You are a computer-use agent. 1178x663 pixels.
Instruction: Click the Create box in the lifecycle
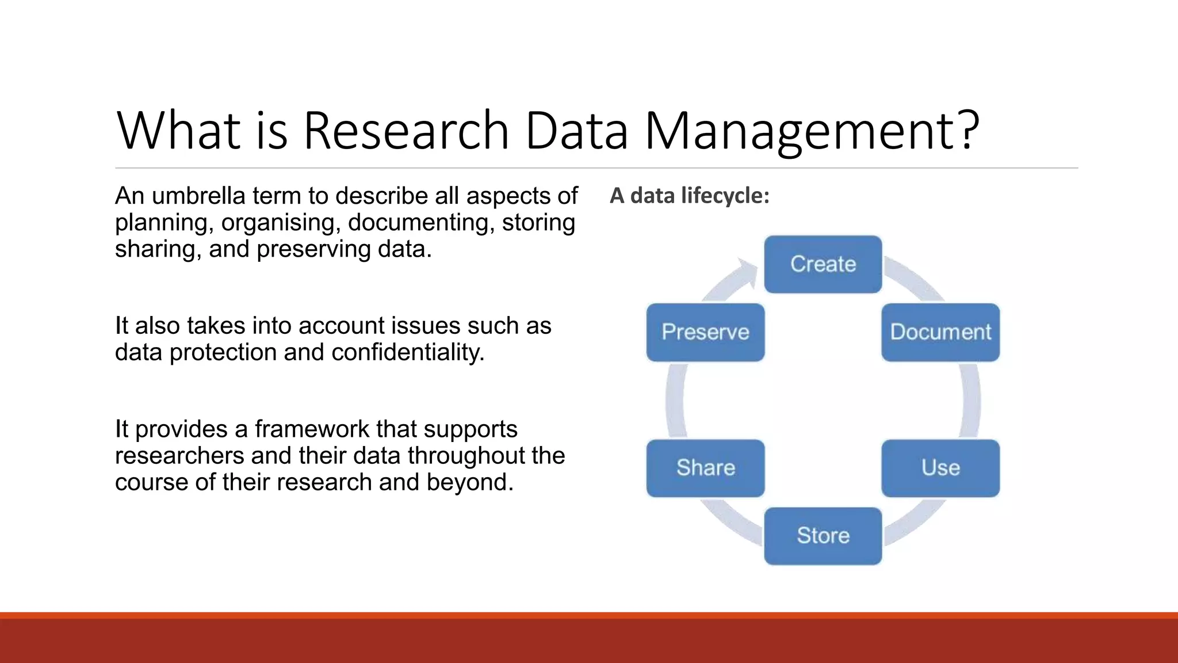coord(823,264)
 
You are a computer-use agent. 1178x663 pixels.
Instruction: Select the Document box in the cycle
coord(940,332)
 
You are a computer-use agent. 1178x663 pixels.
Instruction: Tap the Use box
coord(940,468)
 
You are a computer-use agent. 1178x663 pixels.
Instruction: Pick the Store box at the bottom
coord(823,536)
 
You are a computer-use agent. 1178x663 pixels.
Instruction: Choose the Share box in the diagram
coord(705,468)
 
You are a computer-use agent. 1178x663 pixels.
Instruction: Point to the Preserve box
coord(705,332)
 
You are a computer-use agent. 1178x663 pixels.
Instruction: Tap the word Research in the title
coord(406,131)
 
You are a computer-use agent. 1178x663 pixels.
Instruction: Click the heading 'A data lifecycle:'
coord(689,196)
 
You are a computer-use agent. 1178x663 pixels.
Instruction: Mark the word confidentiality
coord(408,352)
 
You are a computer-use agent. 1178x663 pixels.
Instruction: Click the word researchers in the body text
coord(179,456)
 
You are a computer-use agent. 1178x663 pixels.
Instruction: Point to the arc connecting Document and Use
coord(971,401)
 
